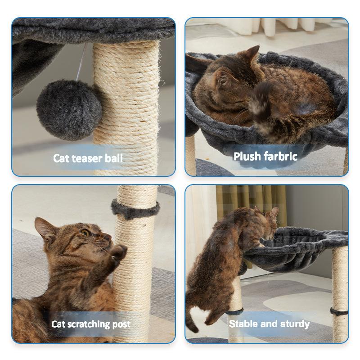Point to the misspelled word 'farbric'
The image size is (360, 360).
pos(280,156)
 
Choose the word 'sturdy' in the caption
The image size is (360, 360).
pos(295,324)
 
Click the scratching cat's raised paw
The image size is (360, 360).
pos(118,253)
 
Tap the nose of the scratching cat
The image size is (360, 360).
pos(108,237)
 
